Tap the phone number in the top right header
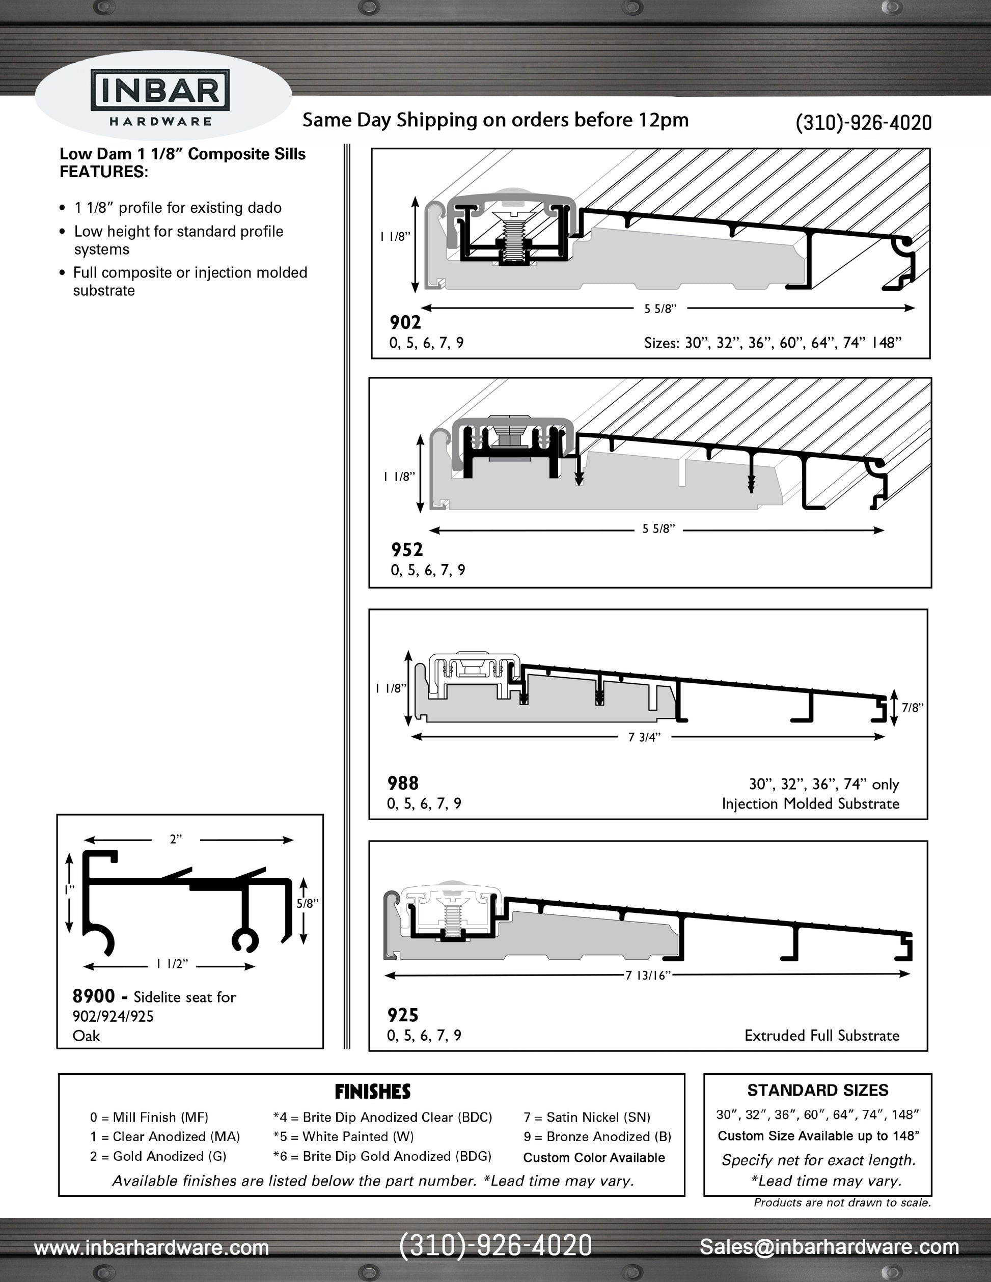[x=863, y=123]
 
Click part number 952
[x=407, y=549]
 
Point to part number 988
[x=403, y=783]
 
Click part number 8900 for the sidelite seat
[x=93, y=996]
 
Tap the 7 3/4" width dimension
[x=644, y=737]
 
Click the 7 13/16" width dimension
[x=648, y=975]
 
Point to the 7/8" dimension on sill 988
[x=913, y=708]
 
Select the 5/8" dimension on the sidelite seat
[x=307, y=903]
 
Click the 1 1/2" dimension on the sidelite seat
[x=172, y=964]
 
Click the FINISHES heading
[x=372, y=1092]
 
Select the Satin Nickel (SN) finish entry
[x=587, y=1117]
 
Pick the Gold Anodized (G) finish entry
[x=158, y=1156]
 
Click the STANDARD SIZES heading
[x=817, y=1091]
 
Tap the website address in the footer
[x=151, y=1247]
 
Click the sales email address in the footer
[x=829, y=1246]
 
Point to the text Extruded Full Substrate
[x=821, y=1036]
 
